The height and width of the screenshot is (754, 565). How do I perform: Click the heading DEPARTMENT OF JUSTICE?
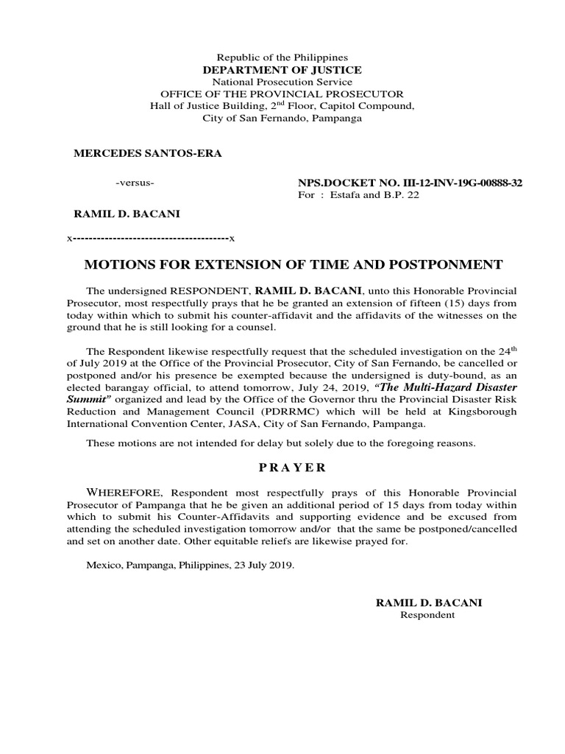pyautogui.click(x=282, y=69)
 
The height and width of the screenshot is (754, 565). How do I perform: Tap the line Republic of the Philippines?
pyautogui.click(x=282, y=57)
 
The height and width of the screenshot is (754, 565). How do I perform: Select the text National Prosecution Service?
pyautogui.click(x=282, y=82)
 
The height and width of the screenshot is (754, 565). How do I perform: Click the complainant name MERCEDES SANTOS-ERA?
pyautogui.click(x=146, y=153)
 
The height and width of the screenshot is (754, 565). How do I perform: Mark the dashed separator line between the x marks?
pyautogui.click(x=150, y=239)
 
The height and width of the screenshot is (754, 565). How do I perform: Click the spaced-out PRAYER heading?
pyautogui.click(x=282, y=468)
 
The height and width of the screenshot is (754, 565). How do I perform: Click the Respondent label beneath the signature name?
pyautogui.click(x=427, y=615)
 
